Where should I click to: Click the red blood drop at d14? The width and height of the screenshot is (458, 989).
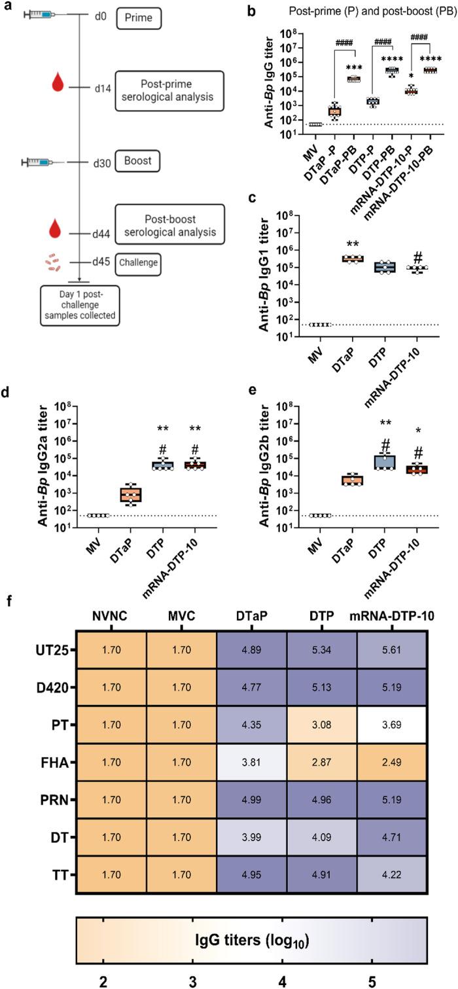[60, 83]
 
